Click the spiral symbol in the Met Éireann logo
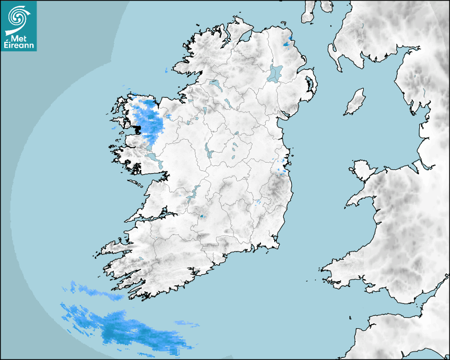coord(18,18)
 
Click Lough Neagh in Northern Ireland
coord(275,73)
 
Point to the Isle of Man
coord(355,102)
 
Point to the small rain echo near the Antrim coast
coord(288,43)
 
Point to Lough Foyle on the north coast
coord(245,38)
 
